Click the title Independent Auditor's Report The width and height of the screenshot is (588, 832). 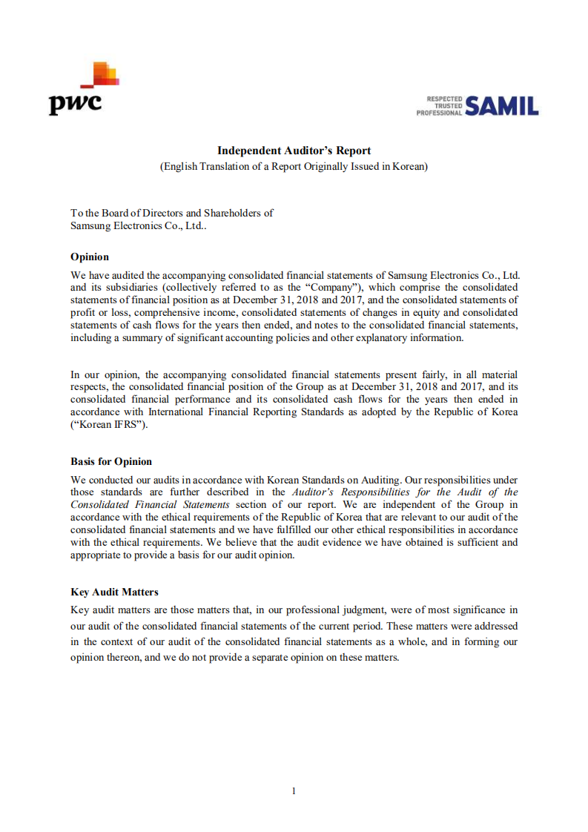(294, 151)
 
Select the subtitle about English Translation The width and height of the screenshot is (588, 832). (294, 166)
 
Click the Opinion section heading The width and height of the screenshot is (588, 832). (90, 257)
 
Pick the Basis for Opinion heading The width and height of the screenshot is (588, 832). (111, 461)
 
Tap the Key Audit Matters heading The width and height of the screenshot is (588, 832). (114, 592)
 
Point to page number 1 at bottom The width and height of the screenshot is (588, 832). (294, 790)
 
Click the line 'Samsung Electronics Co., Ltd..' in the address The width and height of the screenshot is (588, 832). (139, 225)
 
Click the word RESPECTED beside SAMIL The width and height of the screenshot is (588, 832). (445, 99)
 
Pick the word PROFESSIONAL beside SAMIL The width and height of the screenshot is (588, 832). (440, 113)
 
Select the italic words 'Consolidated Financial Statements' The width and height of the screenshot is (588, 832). (150, 504)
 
